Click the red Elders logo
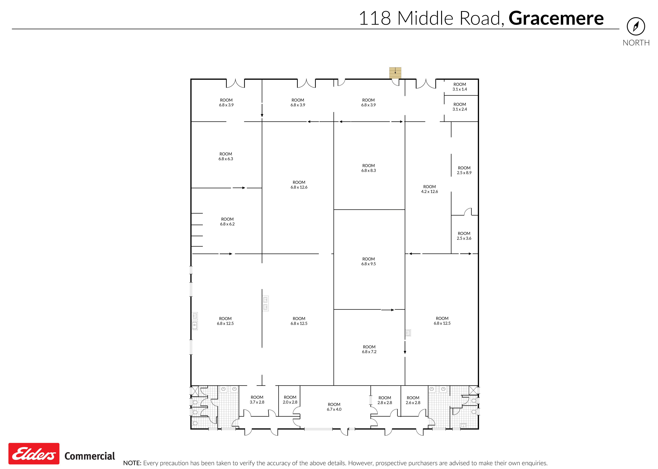(34, 454)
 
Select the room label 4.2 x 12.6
(429, 189)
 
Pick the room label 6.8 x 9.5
(368, 261)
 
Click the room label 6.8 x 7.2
(369, 349)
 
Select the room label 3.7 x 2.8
(257, 400)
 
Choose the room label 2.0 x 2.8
(290, 400)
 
